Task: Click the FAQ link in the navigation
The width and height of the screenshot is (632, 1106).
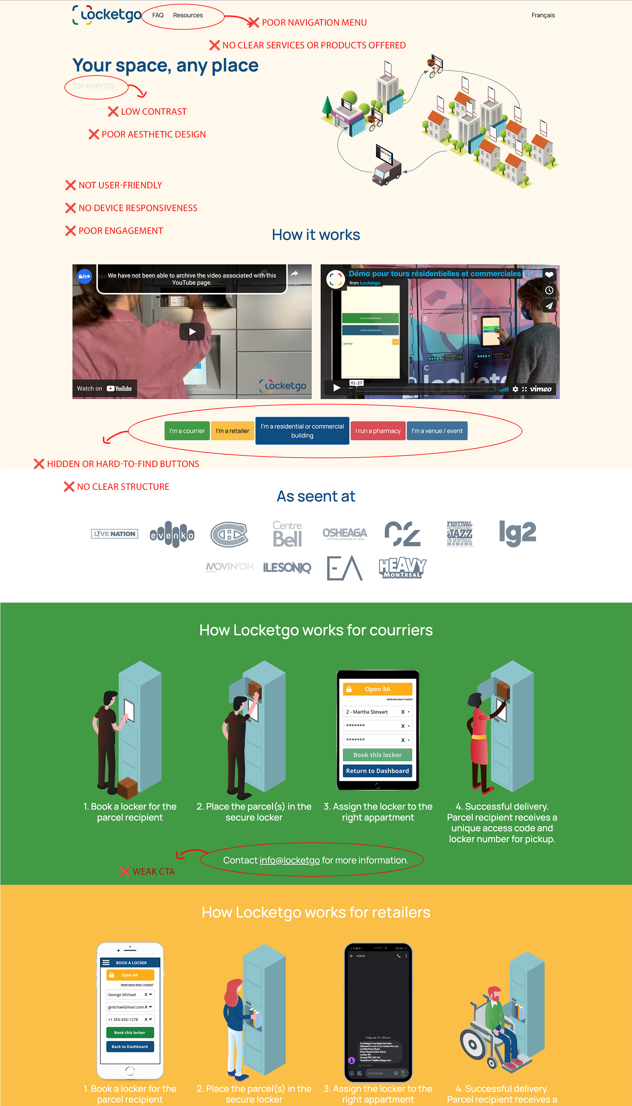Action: point(158,15)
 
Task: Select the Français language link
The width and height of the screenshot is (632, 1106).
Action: point(543,15)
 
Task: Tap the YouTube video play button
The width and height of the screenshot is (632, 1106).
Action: point(192,332)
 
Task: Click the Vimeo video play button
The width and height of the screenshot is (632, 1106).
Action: point(337,388)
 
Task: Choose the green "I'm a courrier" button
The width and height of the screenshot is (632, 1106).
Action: point(187,431)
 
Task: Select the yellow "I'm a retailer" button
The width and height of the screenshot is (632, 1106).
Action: point(232,431)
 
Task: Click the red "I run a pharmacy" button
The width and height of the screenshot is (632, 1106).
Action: point(378,431)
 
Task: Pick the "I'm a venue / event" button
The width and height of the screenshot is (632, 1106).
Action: point(437,431)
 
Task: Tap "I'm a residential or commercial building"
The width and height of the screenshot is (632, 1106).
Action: point(302,431)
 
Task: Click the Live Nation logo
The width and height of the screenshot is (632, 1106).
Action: point(115,534)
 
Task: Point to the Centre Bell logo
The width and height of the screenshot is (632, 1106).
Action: point(287,534)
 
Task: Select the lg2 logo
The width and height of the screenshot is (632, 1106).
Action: point(517,533)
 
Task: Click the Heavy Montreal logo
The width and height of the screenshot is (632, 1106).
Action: point(402,568)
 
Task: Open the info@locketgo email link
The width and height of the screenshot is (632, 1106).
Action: point(289,860)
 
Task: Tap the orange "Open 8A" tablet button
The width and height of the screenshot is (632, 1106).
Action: point(377,689)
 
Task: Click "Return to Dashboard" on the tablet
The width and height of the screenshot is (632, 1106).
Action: point(377,771)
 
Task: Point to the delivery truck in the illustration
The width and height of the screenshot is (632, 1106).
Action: point(386,167)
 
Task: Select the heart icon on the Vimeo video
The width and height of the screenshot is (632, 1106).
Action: point(549,274)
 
